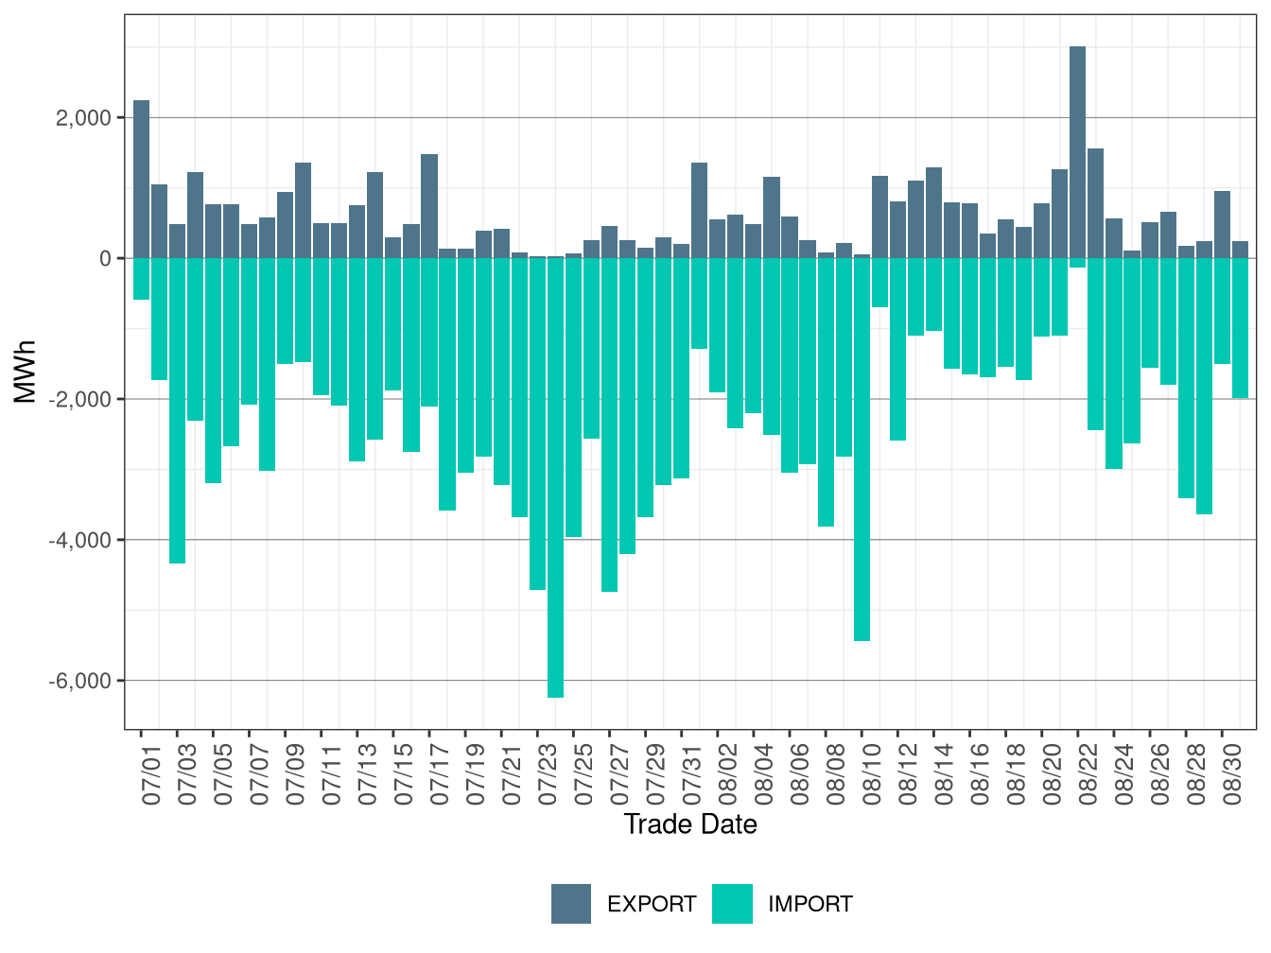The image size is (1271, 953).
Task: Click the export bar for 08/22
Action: point(1077,151)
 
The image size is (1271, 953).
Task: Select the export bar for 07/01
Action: point(141,180)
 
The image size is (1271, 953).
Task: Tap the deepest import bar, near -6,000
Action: point(555,477)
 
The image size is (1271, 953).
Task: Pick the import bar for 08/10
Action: point(862,449)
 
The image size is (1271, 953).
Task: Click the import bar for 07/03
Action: point(177,410)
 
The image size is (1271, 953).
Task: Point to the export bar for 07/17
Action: point(429,206)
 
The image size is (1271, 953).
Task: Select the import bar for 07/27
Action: point(609,425)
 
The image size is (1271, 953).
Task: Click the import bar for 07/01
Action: point(141,279)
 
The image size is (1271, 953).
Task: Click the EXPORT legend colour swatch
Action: point(571,904)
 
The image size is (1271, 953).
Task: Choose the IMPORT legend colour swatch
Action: point(732,904)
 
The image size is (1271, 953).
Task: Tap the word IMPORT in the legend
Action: point(810,905)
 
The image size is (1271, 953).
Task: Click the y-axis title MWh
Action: point(26,372)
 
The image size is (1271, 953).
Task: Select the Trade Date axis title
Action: point(690,824)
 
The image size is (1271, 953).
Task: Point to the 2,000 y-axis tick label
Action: point(83,118)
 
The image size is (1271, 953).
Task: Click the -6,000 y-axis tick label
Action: point(80,681)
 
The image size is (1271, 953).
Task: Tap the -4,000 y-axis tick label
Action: point(80,540)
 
